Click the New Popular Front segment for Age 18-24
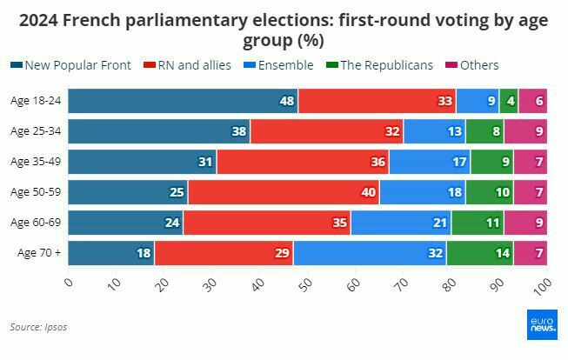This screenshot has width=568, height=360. [x=183, y=101]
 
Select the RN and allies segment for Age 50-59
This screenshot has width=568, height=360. [x=284, y=192]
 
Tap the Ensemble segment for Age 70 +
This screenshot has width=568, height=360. [x=370, y=253]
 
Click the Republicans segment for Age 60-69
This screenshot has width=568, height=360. [x=478, y=223]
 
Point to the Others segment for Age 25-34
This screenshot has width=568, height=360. [x=525, y=131]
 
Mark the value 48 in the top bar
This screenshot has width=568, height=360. [x=287, y=101]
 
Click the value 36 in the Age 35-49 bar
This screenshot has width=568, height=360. [x=378, y=162]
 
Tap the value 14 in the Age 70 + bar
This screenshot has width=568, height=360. [x=502, y=253]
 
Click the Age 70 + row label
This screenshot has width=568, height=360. [x=39, y=253]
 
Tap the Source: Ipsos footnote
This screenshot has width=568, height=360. [x=38, y=327]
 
